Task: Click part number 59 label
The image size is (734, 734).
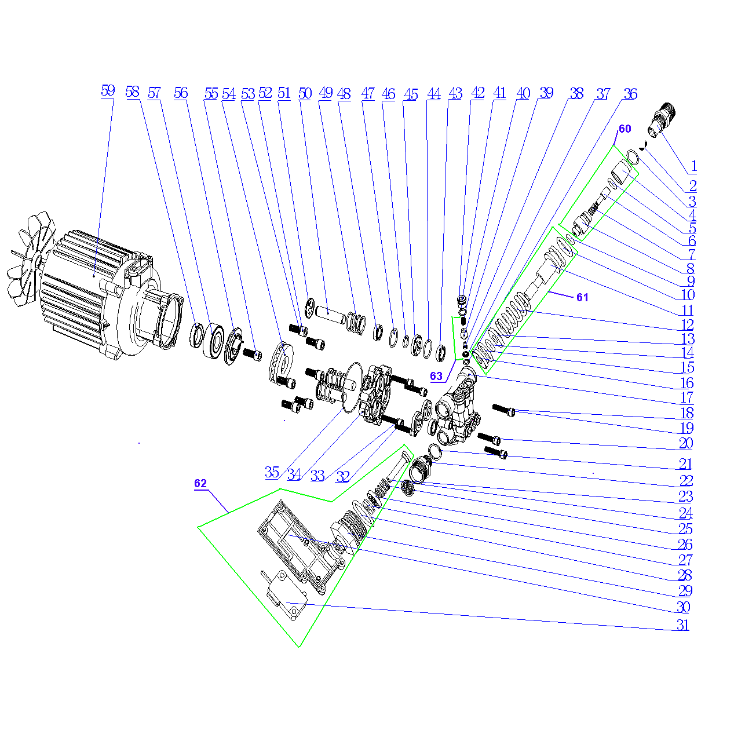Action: click(108, 91)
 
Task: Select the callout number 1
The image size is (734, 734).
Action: click(693, 166)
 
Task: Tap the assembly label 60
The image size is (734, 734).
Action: click(625, 129)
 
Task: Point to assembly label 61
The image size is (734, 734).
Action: click(582, 297)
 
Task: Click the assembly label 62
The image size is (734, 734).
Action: click(200, 483)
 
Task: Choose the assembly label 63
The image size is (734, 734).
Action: click(436, 376)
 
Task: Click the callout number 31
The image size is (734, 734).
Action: click(682, 625)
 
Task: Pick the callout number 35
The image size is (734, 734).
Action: click(272, 472)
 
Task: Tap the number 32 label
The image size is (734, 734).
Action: click(343, 476)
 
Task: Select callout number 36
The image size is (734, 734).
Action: click(630, 94)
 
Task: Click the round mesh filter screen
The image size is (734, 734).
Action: click(408, 488)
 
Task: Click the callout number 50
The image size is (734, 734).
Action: click(305, 93)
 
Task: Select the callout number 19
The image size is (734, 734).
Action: click(686, 428)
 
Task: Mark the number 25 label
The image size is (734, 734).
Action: click(685, 529)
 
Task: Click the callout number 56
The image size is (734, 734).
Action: click(181, 93)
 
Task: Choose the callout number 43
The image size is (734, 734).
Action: click(455, 93)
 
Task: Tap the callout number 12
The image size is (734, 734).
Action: click(687, 324)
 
